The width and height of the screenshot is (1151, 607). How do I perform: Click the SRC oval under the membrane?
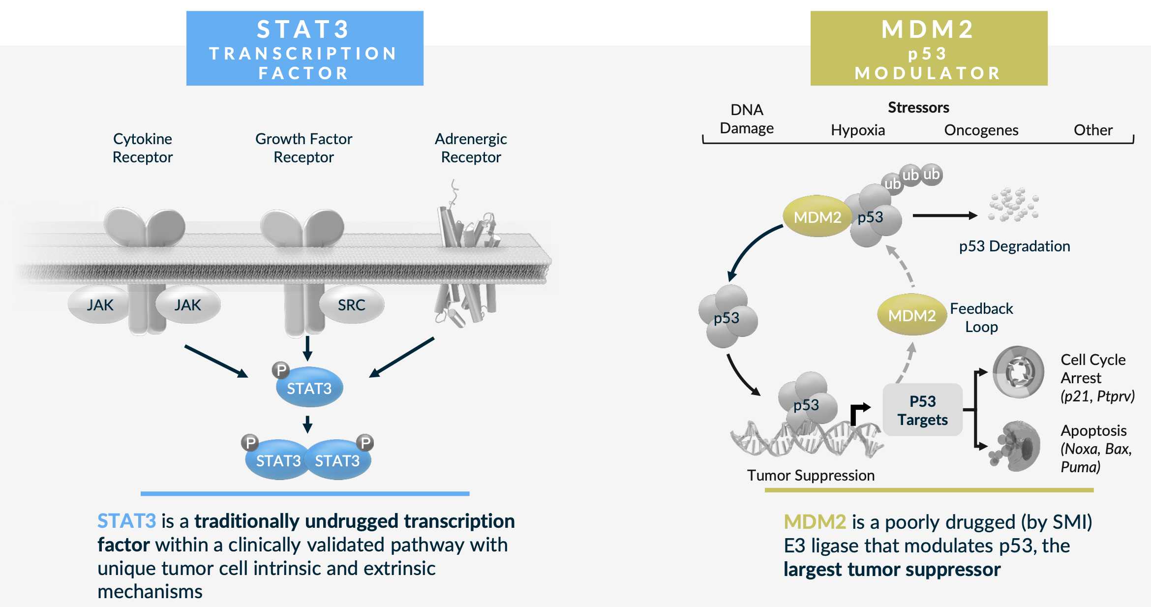pyautogui.click(x=351, y=305)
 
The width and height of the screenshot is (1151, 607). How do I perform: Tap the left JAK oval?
pyautogui.click(x=100, y=305)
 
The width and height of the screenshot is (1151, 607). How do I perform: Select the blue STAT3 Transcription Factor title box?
pyautogui.click(x=304, y=48)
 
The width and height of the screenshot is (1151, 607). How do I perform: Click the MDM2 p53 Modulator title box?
pyautogui.click(x=928, y=48)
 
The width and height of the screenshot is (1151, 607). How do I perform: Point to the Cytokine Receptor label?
pyautogui.click(x=143, y=148)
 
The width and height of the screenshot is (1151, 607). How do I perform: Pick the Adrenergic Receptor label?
pyautogui.click(x=471, y=148)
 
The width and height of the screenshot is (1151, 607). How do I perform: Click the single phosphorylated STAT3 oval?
pyautogui.click(x=309, y=388)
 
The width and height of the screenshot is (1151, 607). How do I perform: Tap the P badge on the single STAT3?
pyautogui.click(x=281, y=370)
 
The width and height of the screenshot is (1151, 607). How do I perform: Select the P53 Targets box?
pyautogui.click(x=922, y=410)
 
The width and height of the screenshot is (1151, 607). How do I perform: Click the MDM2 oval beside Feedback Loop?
pyautogui.click(x=911, y=315)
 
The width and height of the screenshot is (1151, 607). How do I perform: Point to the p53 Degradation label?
pyautogui.click(x=1014, y=246)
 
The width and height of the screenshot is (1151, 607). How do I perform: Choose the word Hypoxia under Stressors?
pyautogui.click(x=858, y=130)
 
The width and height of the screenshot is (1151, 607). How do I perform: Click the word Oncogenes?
pyautogui.click(x=981, y=130)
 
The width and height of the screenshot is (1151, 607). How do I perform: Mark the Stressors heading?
pyautogui.click(x=918, y=107)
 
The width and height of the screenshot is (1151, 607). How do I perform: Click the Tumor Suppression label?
pyautogui.click(x=811, y=475)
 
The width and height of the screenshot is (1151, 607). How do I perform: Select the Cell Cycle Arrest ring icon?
pyautogui.click(x=1018, y=372)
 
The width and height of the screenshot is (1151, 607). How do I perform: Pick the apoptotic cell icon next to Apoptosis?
pyautogui.click(x=1017, y=446)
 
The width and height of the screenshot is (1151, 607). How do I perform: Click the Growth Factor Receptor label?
pyautogui.click(x=303, y=148)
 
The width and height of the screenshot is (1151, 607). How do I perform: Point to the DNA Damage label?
pyautogui.click(x=747, y=119)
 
